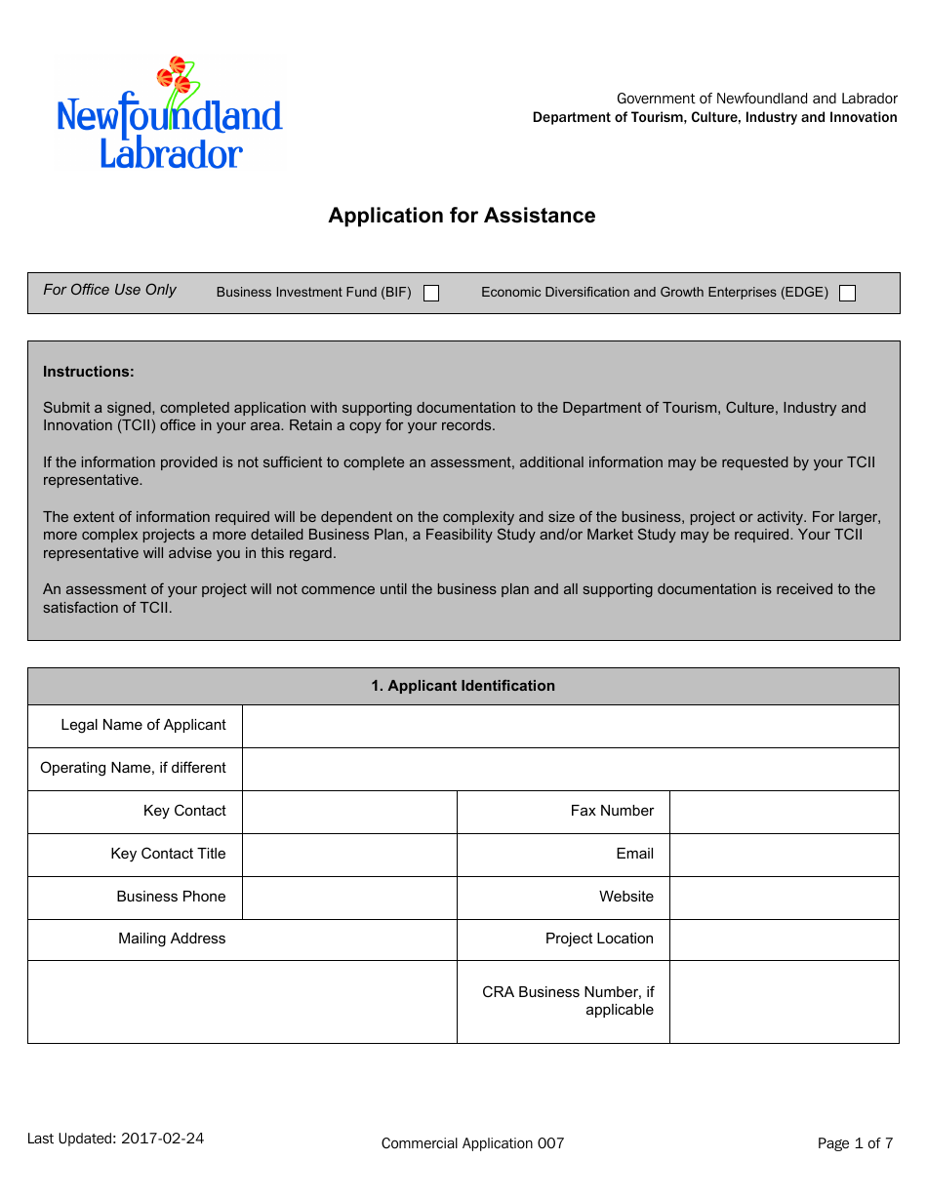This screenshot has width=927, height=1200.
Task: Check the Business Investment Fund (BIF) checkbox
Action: point(431,294)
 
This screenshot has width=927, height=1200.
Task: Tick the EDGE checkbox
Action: point(847,294)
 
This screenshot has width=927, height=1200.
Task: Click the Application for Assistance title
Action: point(462,216)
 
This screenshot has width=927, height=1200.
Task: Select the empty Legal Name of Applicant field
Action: point(570,726)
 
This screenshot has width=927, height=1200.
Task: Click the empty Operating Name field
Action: point(570,769)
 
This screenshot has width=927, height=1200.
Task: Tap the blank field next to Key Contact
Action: point(349,812)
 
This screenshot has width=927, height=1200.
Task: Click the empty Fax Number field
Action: point(784,812)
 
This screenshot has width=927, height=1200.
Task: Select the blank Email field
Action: point(784,855)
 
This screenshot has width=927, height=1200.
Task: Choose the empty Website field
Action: point(784,898)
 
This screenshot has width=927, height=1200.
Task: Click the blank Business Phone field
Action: point(349,898)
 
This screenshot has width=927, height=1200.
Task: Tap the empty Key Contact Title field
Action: point(349,855)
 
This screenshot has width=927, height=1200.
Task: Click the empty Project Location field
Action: point(784,940)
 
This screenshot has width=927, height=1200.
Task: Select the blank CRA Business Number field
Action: point(784,1002)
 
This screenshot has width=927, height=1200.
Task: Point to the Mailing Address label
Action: point(172,939)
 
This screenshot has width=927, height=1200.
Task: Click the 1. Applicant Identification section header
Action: point(463,686)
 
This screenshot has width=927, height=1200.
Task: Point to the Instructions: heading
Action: point(89,372)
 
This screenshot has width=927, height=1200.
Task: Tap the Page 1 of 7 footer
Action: point(855,1143)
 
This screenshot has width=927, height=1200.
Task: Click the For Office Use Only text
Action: point(110,290)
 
